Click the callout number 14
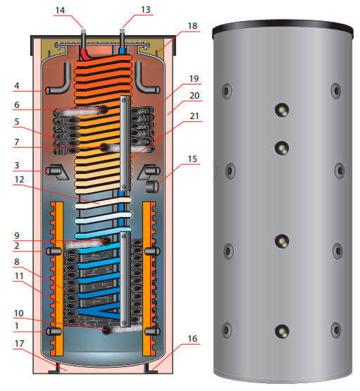click(60, 11)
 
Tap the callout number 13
click(146, 9)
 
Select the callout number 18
click(192, 25)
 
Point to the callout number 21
click(194, 116)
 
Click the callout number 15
click(192, 159)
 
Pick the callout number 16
click(192, 339)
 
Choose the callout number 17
click(19, 344)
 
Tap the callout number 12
click(19, 180)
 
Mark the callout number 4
click(17, 86)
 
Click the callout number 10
click(19, 314)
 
